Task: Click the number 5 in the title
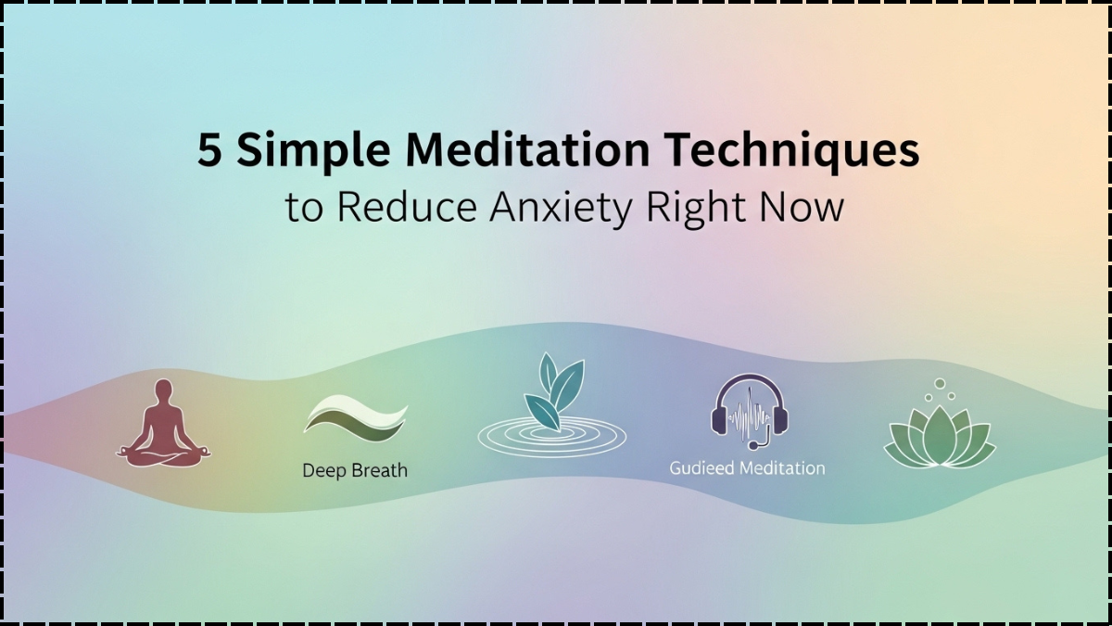coord(210,150)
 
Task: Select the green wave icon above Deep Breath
coord(355,415)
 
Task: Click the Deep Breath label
coord(355,470)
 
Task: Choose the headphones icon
coord(749,408)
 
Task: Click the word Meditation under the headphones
coord(782,468)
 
